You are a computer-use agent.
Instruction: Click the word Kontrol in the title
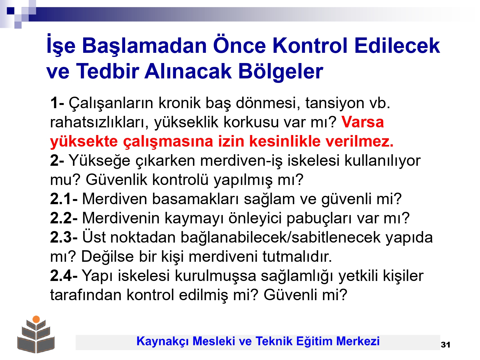click(x=310, y=46)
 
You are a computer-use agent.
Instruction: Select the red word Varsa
click(x=362, y=122)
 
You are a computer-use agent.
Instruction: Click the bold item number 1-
click(x=57, y=103)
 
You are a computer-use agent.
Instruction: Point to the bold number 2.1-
click(x=64, y=199)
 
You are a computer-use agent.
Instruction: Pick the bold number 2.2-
click(x=64, y=218)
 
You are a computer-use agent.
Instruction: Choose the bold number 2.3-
click(x=64, y=237)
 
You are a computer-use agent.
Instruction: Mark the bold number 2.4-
click(x=64, y=276)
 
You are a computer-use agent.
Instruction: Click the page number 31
click(x=445, y=345)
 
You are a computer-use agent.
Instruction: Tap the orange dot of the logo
click(x=36, y=319)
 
